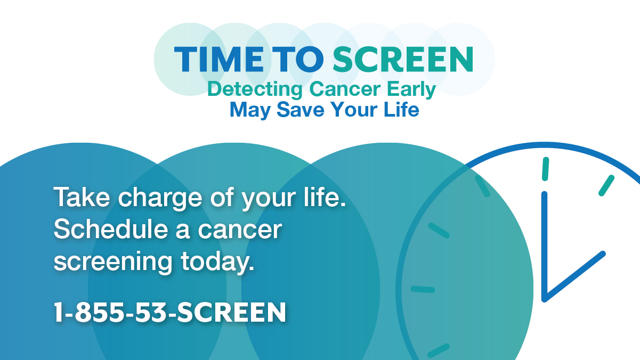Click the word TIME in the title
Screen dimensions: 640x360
pos(219,59)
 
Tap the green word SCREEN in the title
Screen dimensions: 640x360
pos(403,59)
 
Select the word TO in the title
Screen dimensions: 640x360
pos(298,59)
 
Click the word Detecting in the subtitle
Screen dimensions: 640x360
pos(255,89)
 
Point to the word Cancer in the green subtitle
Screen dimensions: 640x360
pos(345,89)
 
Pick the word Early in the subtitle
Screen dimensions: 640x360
pos(411,89)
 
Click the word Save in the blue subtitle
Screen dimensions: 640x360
pos(301,110)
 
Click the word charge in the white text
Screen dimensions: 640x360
pos(160,199)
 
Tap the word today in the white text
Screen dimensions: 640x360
pos(217,262)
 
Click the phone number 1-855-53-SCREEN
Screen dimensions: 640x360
pos(170,312)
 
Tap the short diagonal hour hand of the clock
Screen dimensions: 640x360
pos(574,276)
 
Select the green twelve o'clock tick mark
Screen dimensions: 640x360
pos(546,169)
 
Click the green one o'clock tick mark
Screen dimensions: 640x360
pos(606,185)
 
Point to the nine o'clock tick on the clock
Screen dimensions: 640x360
pos(423,289)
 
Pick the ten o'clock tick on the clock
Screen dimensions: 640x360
pos(439,231)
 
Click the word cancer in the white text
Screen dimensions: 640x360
pos(240,231)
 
